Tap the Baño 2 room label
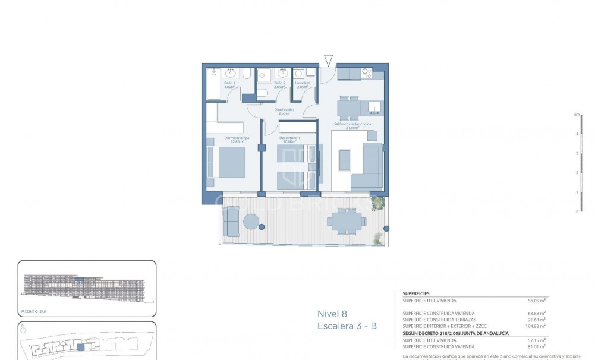[279, 83]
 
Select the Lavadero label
[303, 83]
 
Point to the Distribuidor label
[284, 110]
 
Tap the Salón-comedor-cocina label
[352, 124]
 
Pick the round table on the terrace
[251, 222]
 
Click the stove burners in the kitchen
[367, 74]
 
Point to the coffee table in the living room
[344, 160]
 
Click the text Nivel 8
[332, 314]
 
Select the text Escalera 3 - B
[347, 326]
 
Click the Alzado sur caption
[34, 311]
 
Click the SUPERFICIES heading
[416, 293]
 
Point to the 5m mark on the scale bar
[575, 114]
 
